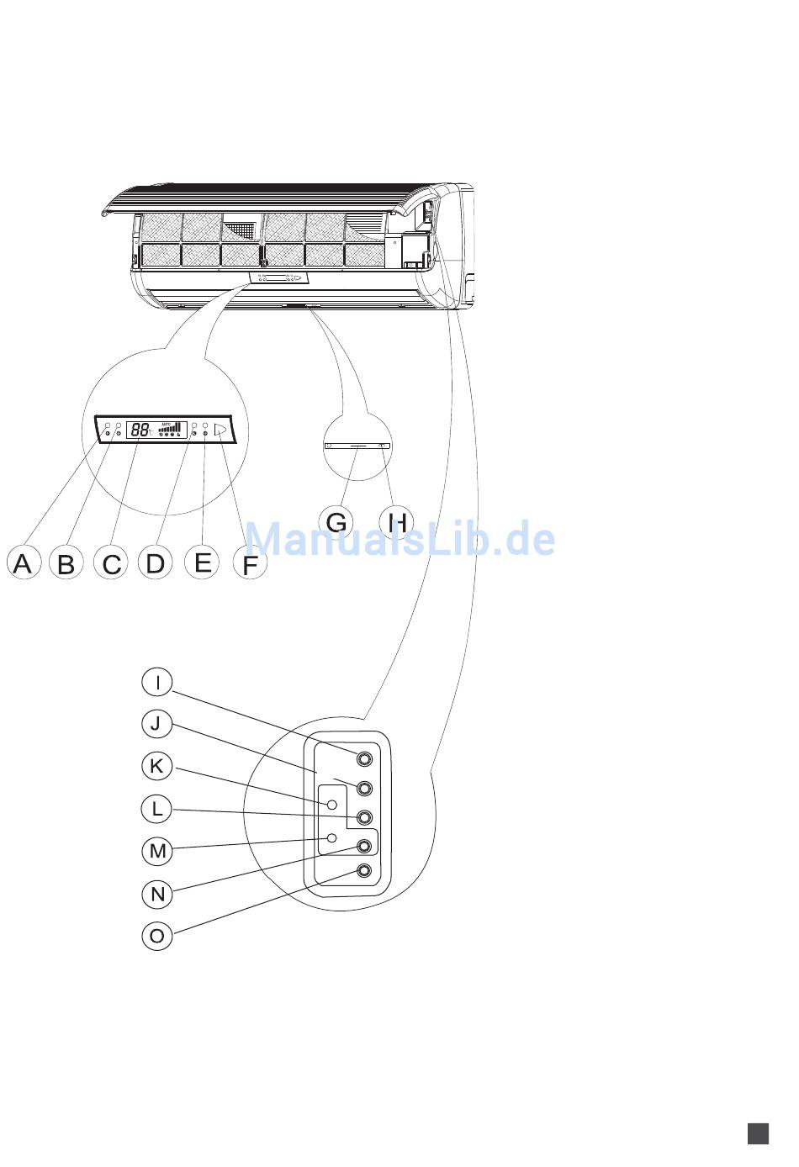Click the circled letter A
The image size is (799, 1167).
point(23,562)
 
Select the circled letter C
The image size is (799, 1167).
point(111,563)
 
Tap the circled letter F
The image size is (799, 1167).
point(250,565)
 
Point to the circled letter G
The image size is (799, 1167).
point(336,522)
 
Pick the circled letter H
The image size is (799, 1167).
point(396,522)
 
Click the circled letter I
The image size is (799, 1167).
point(157,682)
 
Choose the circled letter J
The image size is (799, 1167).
point(157,723)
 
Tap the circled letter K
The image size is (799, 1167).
point(157,766)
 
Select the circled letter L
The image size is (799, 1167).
point(157,809)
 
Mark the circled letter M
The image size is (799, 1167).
point(157,851)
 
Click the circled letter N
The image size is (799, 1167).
point(157,894)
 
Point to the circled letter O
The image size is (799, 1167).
point(157,936)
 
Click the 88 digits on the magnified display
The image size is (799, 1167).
point(140,430)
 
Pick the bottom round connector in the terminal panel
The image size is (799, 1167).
point(364,872)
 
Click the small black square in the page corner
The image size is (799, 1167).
point(758,1133)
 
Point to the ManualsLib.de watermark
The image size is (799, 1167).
point(399,538)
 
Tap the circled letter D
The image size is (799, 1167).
point(155,562)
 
